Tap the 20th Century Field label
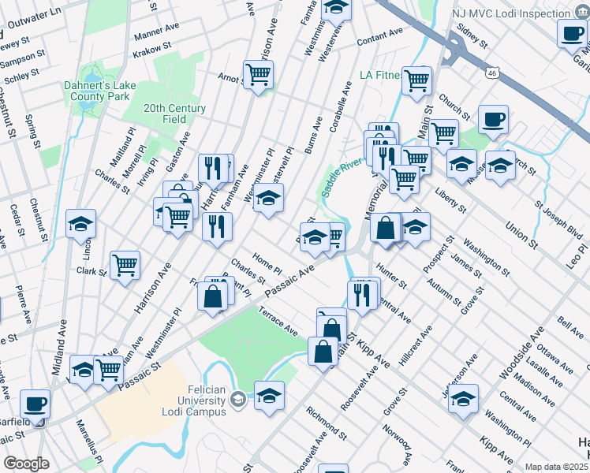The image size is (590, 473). click(174, 114)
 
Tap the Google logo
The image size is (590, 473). click(26, 464)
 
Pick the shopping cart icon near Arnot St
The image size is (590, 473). click(259, 75)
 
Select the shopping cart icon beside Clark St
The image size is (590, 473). click(125, 266)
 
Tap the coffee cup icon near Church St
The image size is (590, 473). click(493, 119)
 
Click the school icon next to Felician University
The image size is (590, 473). click(269, 395)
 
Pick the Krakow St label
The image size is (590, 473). click(152, 50)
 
